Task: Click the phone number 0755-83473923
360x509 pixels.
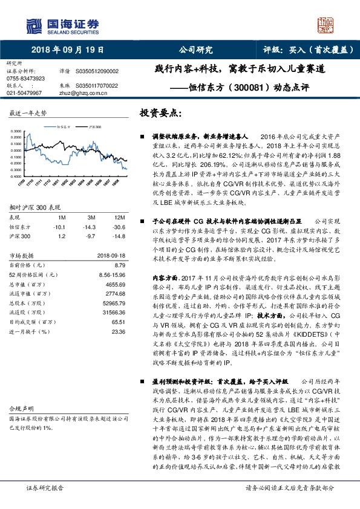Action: click(25, 79)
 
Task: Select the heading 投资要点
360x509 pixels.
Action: click(160, 113)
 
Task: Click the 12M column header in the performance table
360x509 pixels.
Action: click(119, 217)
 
